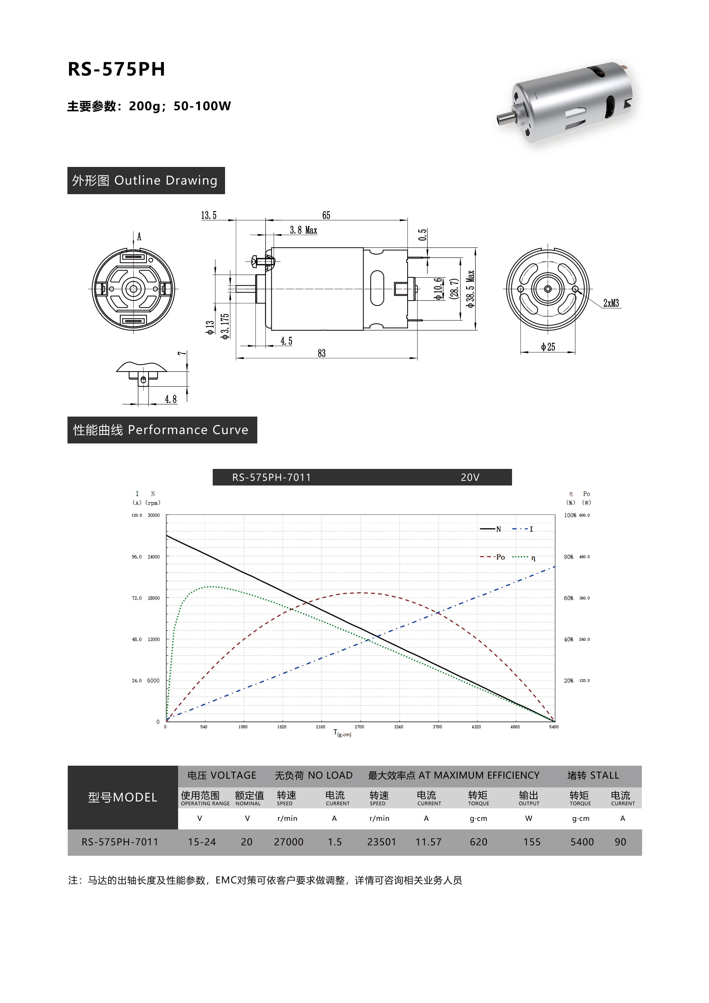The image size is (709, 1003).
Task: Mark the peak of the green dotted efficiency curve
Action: tap(212, 587)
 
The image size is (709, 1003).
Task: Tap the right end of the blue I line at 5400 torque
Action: tap(555, 567)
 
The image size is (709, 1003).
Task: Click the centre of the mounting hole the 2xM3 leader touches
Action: tap(575, 289)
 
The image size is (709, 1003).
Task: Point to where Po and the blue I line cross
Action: tap(438, 613)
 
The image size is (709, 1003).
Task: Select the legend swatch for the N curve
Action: tap(487, 529)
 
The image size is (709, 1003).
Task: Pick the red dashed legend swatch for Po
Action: tap(487, 557)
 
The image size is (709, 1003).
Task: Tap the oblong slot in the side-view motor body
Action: tap(377, 288)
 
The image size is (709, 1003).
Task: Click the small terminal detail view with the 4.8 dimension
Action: tap(142, 374)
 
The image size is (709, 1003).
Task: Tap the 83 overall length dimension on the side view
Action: tap(322, 353)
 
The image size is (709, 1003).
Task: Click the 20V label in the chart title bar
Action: tap(470, 477)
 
